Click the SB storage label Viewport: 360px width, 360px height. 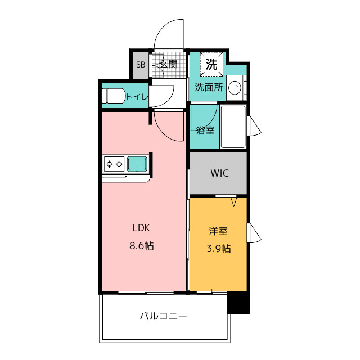(x=141, y=65)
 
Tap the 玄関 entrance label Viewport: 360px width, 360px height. (x=169, y=64)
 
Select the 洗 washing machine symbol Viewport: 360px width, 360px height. (x=211, y=64)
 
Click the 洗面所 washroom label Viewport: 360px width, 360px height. (x=209, y=87)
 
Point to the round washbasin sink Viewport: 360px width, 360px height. (x=235, y=88)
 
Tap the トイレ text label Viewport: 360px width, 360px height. (x=137, y=97)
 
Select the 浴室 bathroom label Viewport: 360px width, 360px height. (x=205, y=130)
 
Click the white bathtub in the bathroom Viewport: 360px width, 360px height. (x=233, y=127)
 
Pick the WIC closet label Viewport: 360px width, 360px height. (x=220, y=173)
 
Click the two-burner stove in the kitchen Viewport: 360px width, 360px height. (x=114, y=164)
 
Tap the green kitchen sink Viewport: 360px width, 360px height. (x=137, y=164)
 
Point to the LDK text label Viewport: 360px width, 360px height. (x=141, y=228)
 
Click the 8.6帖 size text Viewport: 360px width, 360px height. (x=142, y=246)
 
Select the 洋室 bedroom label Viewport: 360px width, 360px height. (x=218, y=231)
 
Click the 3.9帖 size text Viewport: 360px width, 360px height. (x=219, y=249)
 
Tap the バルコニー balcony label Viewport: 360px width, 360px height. (x=164, y=316)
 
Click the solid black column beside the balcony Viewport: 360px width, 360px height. (x=238, y=303)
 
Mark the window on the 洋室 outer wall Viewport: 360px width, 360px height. (x=254, y=232)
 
